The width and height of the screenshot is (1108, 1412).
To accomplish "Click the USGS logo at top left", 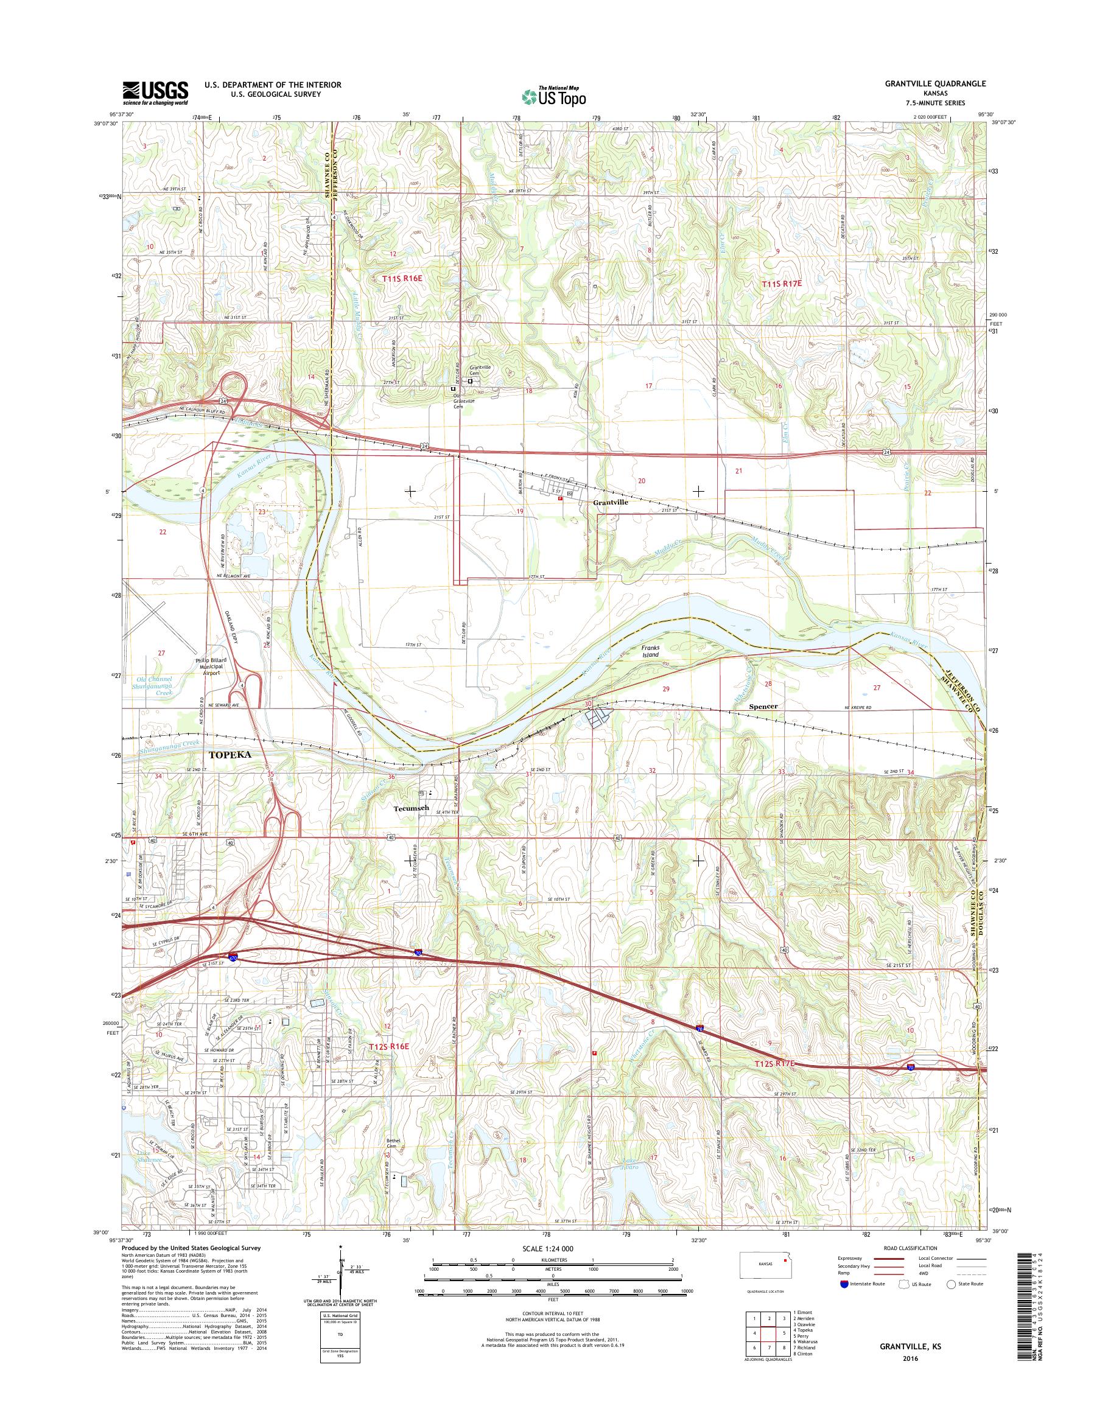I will coord(156,93).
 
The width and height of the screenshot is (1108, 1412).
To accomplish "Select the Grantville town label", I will coord(611,502).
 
